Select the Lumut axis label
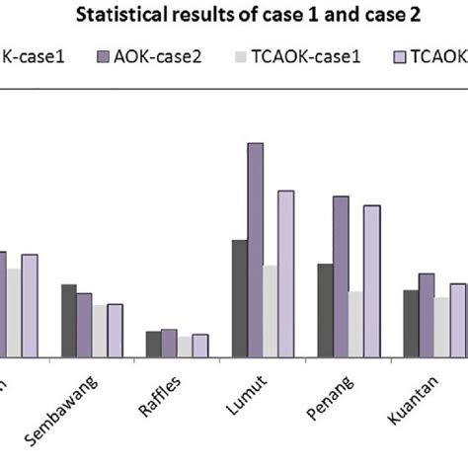click(x=247, y=386)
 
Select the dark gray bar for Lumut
click(x=239, y=298)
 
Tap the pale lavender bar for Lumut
click(x=286, y=273)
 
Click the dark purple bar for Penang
click(x=341, y=276)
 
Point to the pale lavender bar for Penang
click(x=372, y=280)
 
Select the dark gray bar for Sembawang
click(x=68, y=320)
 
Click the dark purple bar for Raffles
click(x=169, y=343)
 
